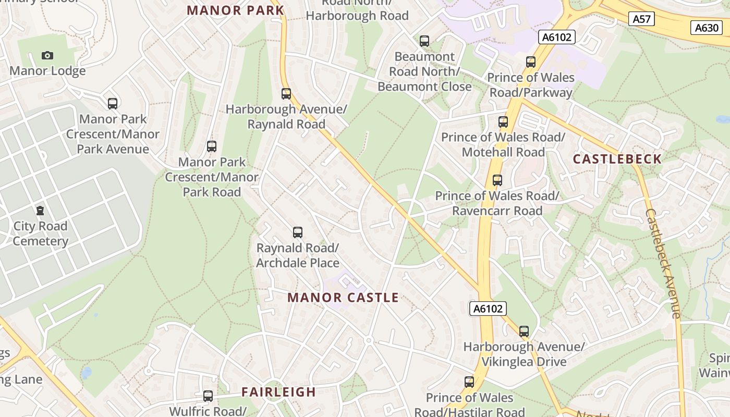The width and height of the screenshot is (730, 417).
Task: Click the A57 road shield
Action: [x=641, y=19]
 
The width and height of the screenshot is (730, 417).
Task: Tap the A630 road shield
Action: [x=707, y=28]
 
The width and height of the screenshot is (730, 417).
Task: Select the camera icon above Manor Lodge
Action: [x=47, y=55]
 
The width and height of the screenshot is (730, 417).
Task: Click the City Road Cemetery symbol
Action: [x=40, y=211]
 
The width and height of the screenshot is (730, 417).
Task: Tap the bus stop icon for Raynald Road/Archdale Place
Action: [x=298, y=232]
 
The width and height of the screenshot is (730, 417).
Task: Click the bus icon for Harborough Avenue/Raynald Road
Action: [x=286, y=94]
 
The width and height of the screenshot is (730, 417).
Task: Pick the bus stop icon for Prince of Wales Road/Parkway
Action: [x=531, y=62]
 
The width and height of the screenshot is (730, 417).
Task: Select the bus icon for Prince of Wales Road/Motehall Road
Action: [x=503, y=122]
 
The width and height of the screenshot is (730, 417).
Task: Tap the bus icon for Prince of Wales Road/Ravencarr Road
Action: [x=497, y=180]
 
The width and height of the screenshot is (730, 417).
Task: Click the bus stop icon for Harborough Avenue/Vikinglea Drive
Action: [x=524, y=331]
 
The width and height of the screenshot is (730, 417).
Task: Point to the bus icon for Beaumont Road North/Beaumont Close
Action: [x=424, y=41]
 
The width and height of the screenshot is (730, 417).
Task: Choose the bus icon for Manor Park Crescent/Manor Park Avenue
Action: [x=113, y=103]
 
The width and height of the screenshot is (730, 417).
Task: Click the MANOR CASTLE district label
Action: [x=343, y=298]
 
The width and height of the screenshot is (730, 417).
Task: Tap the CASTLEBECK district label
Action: [x=617, y=159]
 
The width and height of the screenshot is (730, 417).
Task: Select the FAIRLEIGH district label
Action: [x=278, y=392]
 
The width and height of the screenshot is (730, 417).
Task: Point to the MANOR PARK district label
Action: [x=235, y=10]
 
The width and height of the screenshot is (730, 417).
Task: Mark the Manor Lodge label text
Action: [x=47, y=71]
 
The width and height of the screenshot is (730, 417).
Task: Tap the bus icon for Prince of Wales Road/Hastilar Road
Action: [x=469, y=382]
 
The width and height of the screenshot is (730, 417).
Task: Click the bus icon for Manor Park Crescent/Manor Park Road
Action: [x=212, y=146]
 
